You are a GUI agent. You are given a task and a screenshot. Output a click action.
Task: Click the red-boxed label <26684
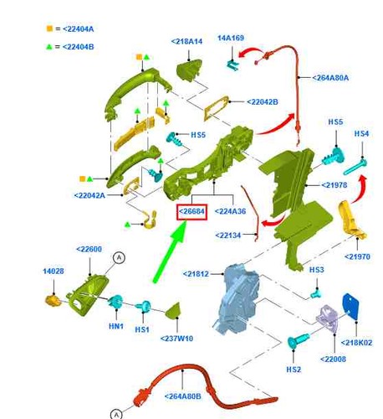click(x=192, y=211)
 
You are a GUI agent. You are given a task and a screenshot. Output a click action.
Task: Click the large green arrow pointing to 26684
click(x=170, y=253)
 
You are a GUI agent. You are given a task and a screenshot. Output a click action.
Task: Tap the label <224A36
click(x=230, y=211)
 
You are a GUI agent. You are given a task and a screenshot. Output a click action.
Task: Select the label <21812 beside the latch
click(x=196, y=274)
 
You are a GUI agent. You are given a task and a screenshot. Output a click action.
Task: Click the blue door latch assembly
click(x=237, y=300)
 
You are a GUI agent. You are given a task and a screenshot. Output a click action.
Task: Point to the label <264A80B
click(x=183, y=396)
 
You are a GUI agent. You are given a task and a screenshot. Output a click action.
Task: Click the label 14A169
click(x=231, y=38)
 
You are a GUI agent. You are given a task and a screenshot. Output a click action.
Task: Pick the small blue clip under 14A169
click(x=232, y=65)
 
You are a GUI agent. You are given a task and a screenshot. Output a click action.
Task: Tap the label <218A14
click(x=186, y=41)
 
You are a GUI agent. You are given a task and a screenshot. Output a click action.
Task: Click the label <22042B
click(x=263, y=102)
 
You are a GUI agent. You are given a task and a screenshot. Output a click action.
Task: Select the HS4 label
click(x=361, y=133)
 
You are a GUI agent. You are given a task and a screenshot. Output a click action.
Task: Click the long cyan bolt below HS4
click(x=355, y=166)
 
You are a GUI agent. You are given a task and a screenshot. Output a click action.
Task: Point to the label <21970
click(x=357, y=256)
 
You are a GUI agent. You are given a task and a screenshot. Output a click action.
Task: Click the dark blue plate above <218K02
click(x=350, y=307)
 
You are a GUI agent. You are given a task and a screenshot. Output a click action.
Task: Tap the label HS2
click(x=294, y=370)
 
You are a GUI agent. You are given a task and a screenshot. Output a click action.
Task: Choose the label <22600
click(x=89, y=249)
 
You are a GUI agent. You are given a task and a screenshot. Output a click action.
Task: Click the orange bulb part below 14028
click(x=53, y=301)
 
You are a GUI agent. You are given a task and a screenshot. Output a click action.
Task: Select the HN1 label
click(x=116, y=326)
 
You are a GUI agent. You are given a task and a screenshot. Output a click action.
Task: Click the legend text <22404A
click(x=79, y=28)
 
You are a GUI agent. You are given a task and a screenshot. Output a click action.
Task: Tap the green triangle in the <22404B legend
click(x=49, y=46)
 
